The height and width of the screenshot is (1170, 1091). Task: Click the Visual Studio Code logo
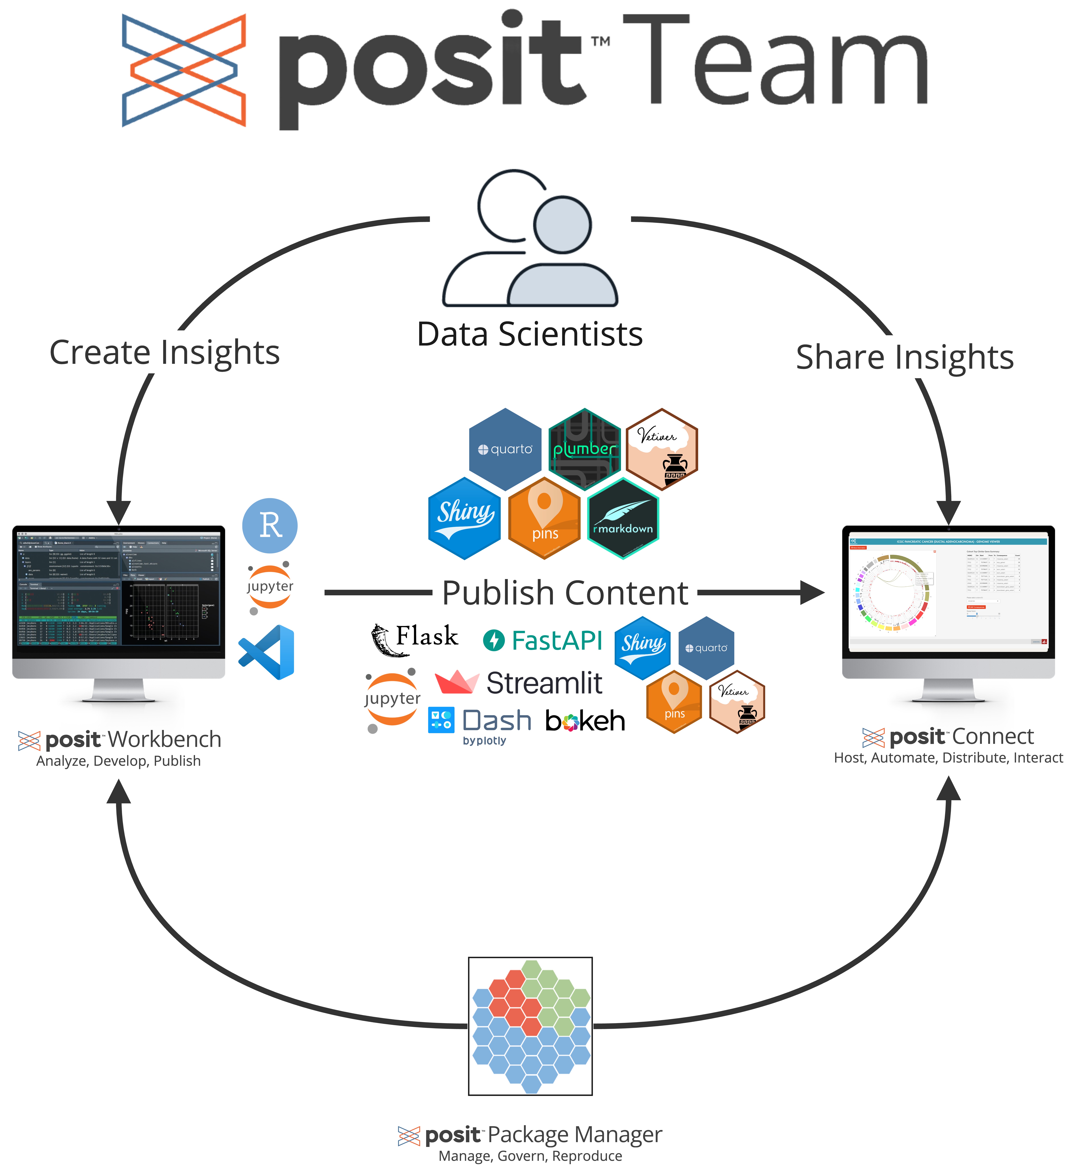[x=267, y=652]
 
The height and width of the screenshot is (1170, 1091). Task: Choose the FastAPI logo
[x=542, y=640]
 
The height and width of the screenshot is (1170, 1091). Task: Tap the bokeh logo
[x=585, y=721]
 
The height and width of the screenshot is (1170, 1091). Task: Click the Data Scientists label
[x=529, y=334]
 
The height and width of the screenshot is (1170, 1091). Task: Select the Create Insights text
[x=164, y=352]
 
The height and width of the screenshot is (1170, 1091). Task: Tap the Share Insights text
[x=904, y=357]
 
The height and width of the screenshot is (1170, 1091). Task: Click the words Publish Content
[x=565, y=593]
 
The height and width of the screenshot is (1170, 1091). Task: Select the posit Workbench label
[x=119, y=739]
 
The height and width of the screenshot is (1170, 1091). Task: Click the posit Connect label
[x=948, y=736]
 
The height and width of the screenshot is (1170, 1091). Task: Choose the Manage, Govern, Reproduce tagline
[x=530, y=1156]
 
